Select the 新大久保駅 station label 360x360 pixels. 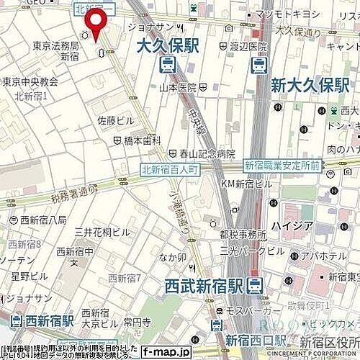point(310,86)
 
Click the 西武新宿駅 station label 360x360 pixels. point(210,284)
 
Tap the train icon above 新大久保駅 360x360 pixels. point(258,66)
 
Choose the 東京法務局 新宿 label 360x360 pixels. point(55,50)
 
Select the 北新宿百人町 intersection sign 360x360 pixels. point(168,169)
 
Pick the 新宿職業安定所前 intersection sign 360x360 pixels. point(282,165)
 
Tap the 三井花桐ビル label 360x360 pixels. point(102,232)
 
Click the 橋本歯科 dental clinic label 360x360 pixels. point(142,141)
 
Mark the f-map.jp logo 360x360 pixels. point(166,352)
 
